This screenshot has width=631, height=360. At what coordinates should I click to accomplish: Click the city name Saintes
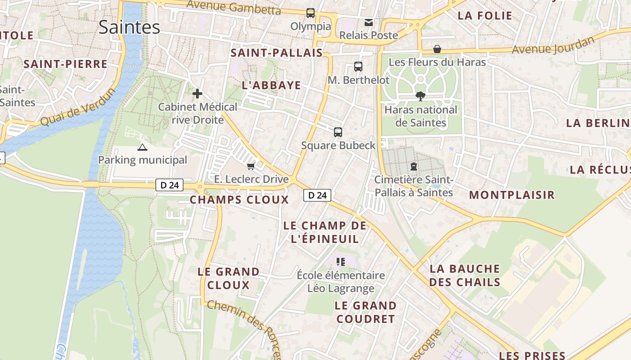point(129,27)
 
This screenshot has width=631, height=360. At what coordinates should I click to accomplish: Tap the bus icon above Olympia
point(311,13)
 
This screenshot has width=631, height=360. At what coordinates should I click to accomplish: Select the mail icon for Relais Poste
point(369,22)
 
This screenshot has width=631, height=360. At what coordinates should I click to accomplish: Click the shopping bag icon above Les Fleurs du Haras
point(437,49)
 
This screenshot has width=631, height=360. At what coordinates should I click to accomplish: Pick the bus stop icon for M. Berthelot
point(358,67)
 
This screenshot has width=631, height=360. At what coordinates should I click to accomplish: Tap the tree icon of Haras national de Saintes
point(421,96)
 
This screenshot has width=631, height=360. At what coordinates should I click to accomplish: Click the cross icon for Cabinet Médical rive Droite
point(197,94)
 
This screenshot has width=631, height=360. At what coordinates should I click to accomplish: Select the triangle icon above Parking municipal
point(142,147)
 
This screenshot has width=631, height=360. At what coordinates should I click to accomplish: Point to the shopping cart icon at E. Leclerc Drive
point(251,166)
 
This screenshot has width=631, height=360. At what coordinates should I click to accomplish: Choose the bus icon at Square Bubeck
point(338,132)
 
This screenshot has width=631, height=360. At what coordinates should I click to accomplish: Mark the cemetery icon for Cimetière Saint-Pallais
point(414,166)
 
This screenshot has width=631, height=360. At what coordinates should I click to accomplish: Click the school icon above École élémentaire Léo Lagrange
point(341,261)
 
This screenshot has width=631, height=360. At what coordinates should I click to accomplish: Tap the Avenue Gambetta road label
point(233,7)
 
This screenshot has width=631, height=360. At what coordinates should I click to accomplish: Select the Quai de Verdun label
point(78,108)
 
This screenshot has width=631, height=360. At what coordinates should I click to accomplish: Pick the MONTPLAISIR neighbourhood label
point(512,195)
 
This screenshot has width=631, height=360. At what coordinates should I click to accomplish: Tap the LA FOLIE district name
point(485,16)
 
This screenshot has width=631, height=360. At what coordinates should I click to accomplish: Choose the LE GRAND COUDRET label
point(366,312)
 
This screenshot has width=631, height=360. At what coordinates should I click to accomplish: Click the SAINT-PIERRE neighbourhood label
point(65,64)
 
